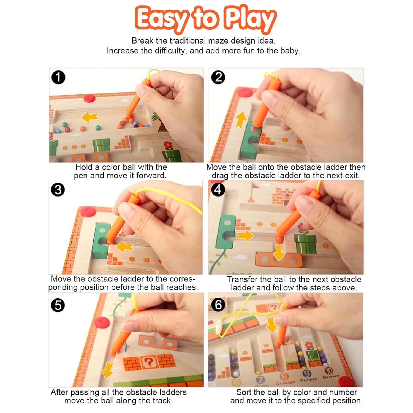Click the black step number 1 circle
[58, 77]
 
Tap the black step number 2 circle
[218, 77]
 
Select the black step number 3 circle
[58, 190]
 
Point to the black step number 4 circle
[218, 190]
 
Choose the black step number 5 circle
[58, 305]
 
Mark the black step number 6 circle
[218, 305]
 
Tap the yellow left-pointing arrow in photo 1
[90, 117]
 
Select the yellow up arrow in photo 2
[241, 119]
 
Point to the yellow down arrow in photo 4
[279, 252]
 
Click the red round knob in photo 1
[89, 98]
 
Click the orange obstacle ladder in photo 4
[279, 259]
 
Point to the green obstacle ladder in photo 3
[101, 241]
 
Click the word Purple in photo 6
[308, 379]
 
